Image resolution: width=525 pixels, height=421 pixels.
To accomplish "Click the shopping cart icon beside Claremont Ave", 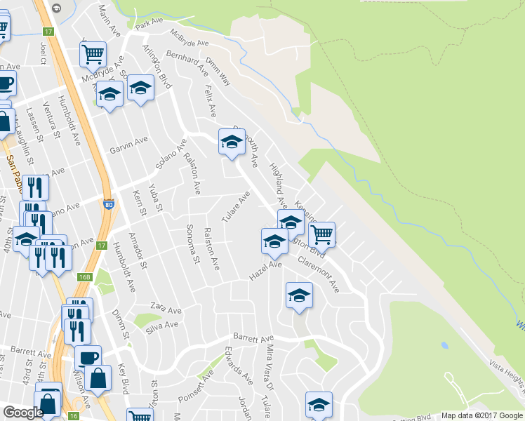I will (321, 233).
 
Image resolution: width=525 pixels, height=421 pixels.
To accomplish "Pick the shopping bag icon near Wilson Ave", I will (100, 377).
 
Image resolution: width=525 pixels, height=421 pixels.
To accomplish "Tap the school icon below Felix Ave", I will (231, 142).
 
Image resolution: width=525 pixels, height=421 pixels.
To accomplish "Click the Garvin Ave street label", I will (128, 143).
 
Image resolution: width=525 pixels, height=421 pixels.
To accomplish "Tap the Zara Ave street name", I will (166, 309).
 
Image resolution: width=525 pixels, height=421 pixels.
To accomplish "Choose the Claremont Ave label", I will (318, 274).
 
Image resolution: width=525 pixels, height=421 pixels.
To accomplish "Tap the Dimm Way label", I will (218, 72).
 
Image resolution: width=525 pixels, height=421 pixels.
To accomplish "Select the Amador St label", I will (138, 250).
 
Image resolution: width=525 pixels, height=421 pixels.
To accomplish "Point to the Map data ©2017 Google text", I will (481, 415).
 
